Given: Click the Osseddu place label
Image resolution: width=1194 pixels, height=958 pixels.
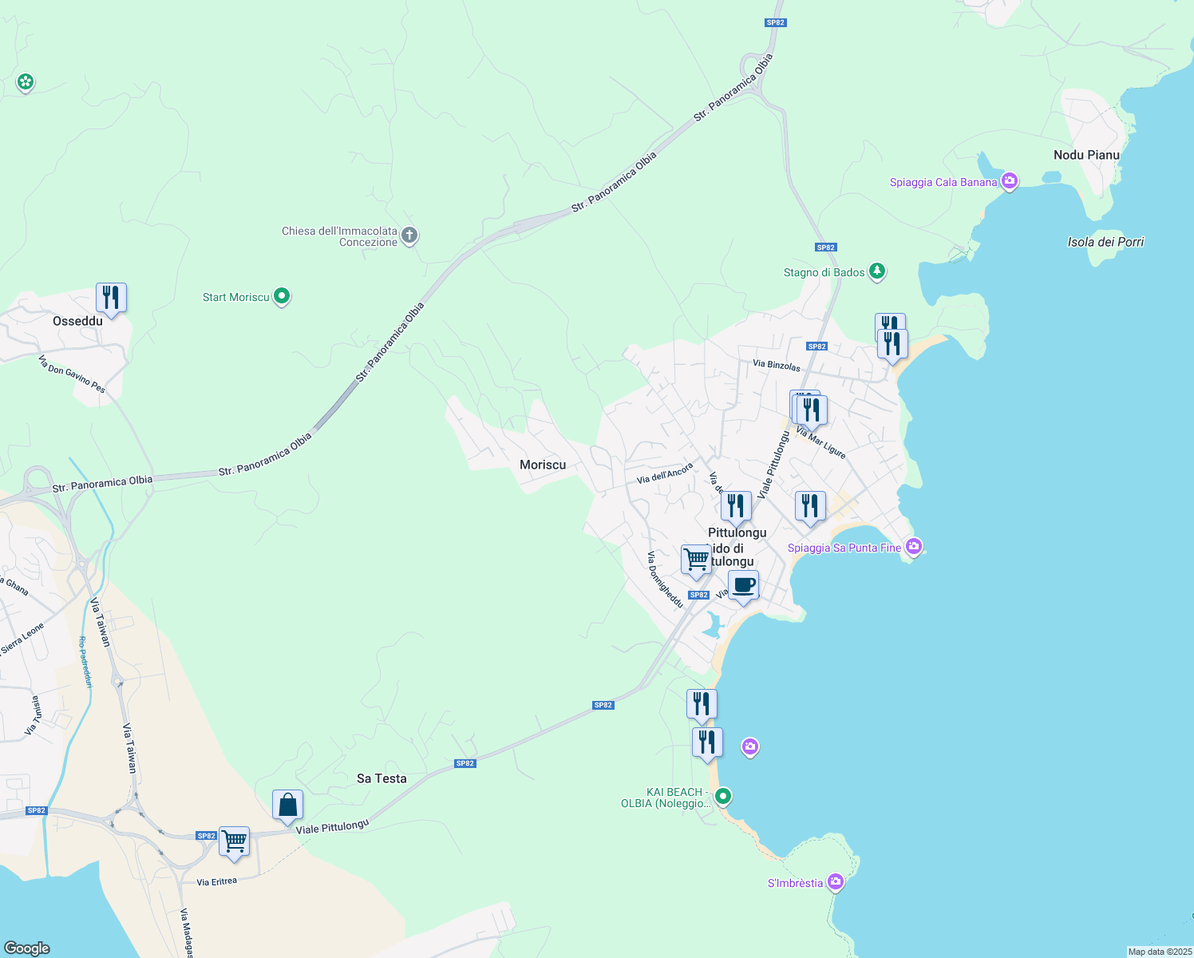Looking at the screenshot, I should [x=77, y=321].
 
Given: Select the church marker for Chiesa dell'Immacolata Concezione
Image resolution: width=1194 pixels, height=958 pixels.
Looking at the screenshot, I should [x=409, y=236].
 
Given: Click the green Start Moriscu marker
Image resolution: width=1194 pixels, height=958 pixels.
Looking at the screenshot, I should [x=282, y=296].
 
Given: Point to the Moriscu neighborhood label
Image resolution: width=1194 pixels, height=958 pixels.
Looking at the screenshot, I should [x=543, y=465].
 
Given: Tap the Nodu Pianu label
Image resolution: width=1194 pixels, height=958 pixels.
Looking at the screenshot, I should [x=1086, y=155].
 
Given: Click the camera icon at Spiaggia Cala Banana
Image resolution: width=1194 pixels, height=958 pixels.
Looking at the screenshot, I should [x=1010, y=181].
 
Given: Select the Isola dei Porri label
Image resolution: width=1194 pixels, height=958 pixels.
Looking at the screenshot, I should [x=1105, y=242].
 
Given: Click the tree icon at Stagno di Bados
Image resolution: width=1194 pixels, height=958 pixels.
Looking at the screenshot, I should [x=877, y=271].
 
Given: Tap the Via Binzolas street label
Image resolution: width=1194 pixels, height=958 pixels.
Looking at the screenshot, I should [x=777, y=366].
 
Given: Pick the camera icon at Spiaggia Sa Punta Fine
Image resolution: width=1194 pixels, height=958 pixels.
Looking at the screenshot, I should [x=914, y=547].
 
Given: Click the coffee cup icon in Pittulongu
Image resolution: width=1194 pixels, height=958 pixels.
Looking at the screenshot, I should [x=744, y=585].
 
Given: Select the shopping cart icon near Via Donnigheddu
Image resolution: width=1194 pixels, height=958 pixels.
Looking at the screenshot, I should [x=696, y=560].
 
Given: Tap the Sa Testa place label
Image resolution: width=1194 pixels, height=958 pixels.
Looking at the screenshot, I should [x=382, y=778].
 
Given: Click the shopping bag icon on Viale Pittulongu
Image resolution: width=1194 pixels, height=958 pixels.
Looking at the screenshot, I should [x=287, y=806].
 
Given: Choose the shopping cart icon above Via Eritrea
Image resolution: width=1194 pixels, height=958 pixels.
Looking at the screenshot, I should [x=235, y=841].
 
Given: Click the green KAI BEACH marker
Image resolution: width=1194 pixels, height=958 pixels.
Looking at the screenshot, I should [x=723, y=796].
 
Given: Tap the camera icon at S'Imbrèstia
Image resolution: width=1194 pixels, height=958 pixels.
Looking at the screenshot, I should [x=836, y=882].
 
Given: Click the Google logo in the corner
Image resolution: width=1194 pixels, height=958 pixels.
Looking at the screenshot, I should [x=27, y=948].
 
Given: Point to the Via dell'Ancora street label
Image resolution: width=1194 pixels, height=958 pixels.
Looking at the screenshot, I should [x=665, y=474].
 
